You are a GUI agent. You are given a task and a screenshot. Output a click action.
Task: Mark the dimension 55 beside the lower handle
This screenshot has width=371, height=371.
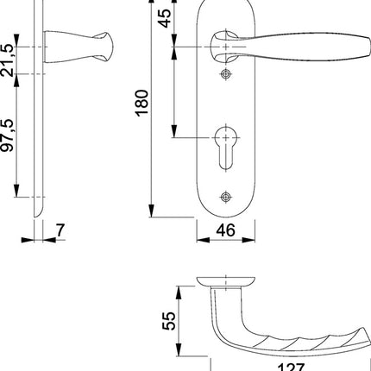pos(171,321)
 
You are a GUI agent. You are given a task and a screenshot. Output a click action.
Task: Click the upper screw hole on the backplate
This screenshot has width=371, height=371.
pos(226,76)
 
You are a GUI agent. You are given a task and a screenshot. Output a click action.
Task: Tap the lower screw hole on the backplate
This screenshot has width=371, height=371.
pos(226,197)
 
